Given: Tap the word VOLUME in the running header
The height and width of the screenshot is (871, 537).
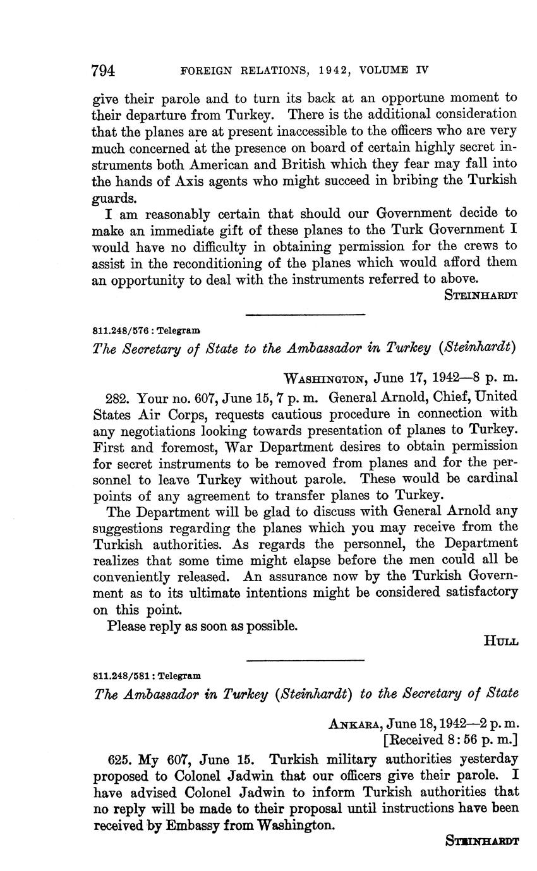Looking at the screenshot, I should click(385, 70).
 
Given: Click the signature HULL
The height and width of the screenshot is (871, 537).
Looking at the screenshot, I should click(500, 642).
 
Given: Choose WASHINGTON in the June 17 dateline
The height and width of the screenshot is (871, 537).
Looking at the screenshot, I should click(325, 379).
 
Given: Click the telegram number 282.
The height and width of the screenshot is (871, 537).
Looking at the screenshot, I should click(118, 397).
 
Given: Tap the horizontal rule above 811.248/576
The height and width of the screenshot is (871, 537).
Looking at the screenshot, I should click(305, 315).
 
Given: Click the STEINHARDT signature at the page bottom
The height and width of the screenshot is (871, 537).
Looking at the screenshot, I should click(482, 841).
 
